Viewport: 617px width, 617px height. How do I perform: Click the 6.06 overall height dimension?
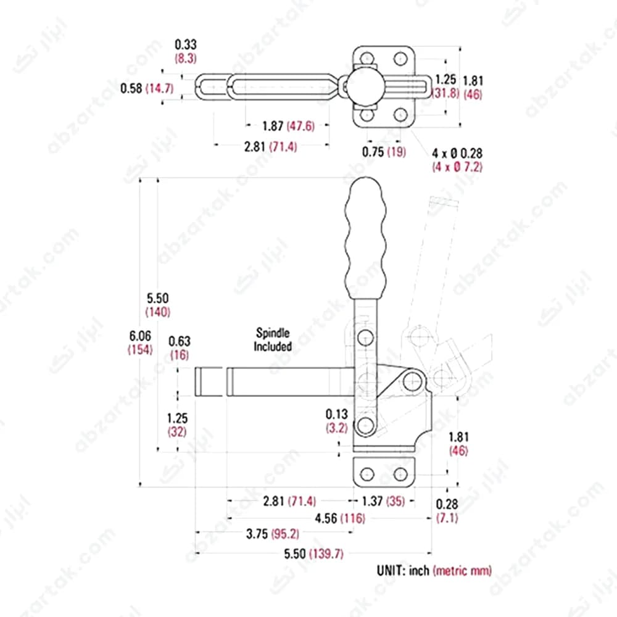click(140, 342)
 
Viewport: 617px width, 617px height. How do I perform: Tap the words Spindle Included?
click(273, 339)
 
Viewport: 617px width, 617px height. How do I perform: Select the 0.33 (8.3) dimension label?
click(186, 51)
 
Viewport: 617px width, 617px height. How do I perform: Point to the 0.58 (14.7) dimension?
click(147, 88)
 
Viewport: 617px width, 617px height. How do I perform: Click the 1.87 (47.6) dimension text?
click(288, 126)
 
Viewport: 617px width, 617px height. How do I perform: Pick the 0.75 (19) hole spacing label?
click(384, 152)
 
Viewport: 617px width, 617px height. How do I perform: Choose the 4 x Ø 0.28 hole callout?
click(457, 160)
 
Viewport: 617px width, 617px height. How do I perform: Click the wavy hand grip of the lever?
click(365, 238)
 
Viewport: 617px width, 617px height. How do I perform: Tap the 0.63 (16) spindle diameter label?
click(180, 348)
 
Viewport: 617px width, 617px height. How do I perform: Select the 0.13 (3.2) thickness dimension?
click(337, 421)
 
